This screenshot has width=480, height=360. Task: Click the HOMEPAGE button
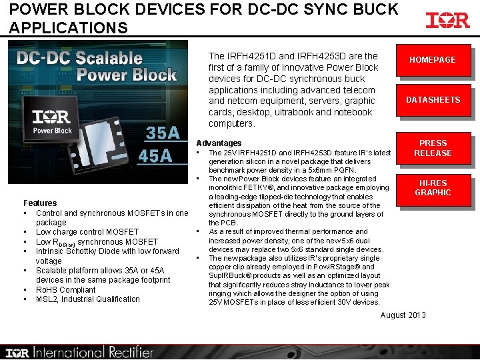[432, 60]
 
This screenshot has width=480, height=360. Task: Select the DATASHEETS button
[433, 100]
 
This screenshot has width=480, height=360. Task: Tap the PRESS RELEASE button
[433, 148]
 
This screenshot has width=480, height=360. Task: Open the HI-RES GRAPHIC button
[433, 188]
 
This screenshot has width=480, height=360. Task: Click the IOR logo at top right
[447, 21]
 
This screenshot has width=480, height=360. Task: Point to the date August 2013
[403, 315]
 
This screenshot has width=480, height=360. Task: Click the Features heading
[40, 203]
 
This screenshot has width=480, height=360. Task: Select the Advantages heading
[219, 143]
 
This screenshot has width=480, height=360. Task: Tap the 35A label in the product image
[162, 133]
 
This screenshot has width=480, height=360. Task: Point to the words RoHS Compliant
[65, 289]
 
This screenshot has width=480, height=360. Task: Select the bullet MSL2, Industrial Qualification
[88, 299]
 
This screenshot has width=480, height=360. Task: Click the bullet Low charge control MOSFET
[87, 232]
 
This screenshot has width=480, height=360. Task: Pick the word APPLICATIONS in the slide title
[69, 28]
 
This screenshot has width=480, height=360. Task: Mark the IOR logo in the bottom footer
[18, 353]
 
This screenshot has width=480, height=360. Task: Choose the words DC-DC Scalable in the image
[80, 57]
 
